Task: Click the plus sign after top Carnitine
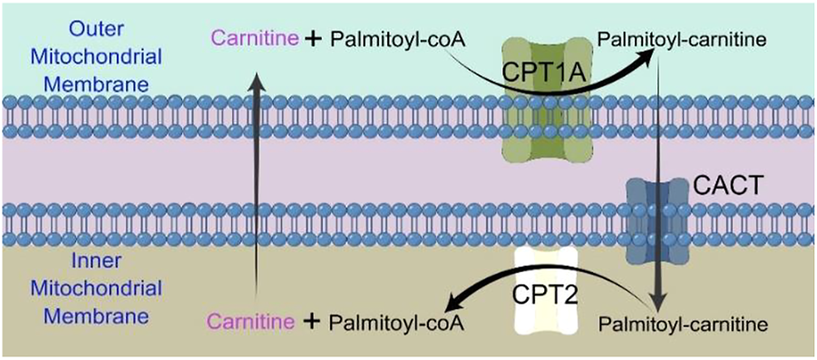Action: point(311,41)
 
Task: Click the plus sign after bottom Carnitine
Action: point(311,322)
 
